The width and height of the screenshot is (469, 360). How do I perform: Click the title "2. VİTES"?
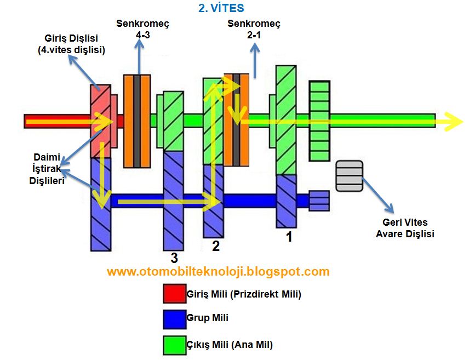tap(221, 9)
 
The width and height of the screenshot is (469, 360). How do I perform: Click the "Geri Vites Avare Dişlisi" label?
tap(404, 228)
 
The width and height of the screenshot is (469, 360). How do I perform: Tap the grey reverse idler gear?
tap(350, 176)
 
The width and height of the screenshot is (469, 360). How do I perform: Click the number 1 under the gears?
tap(289, 238)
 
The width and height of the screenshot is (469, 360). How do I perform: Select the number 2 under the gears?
tap(216, 246)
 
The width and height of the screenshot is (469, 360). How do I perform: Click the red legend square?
tap(174, 294)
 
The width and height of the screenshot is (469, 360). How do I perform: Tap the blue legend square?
tap(174, 319)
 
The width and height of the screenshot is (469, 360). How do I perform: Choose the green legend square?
tap(174, 345)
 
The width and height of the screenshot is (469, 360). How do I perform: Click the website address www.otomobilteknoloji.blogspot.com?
tap(218, 271)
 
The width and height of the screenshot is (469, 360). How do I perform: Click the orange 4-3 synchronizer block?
tap(137, 121)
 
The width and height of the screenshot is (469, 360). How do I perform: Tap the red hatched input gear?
tap(100, 121)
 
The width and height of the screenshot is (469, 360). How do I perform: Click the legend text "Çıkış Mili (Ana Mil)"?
tap(230, 345)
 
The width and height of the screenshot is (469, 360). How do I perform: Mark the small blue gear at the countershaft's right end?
tap(319, 201)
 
